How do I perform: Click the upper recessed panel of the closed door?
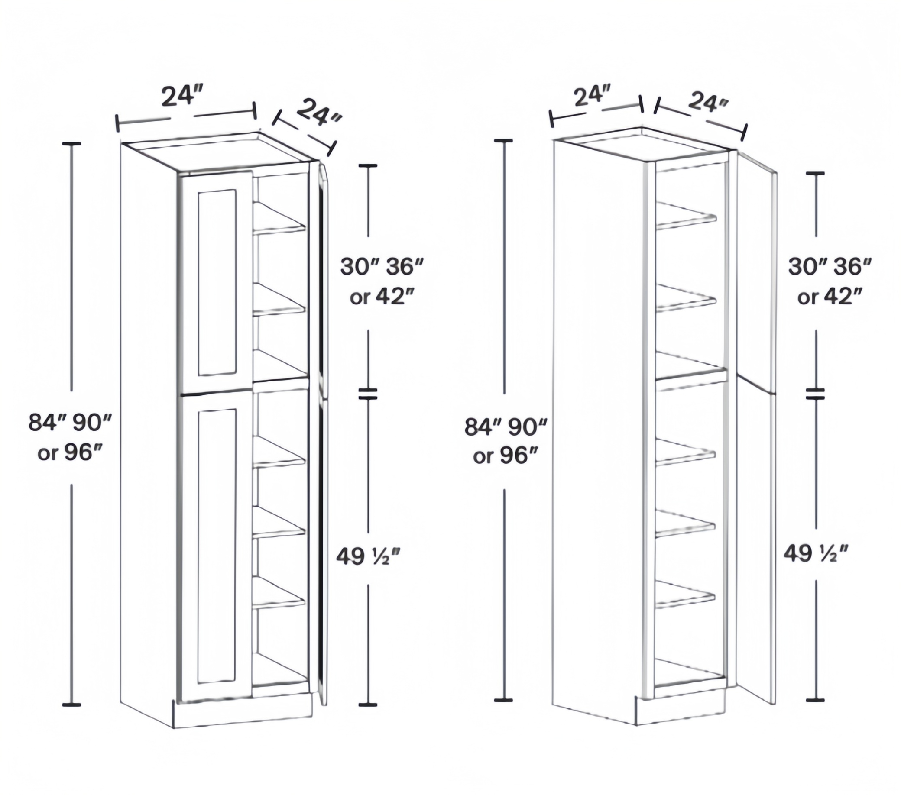coord(217,283)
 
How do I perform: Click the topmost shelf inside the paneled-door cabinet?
coord(279,217)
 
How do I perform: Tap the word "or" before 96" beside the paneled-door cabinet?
coord(47,453)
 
